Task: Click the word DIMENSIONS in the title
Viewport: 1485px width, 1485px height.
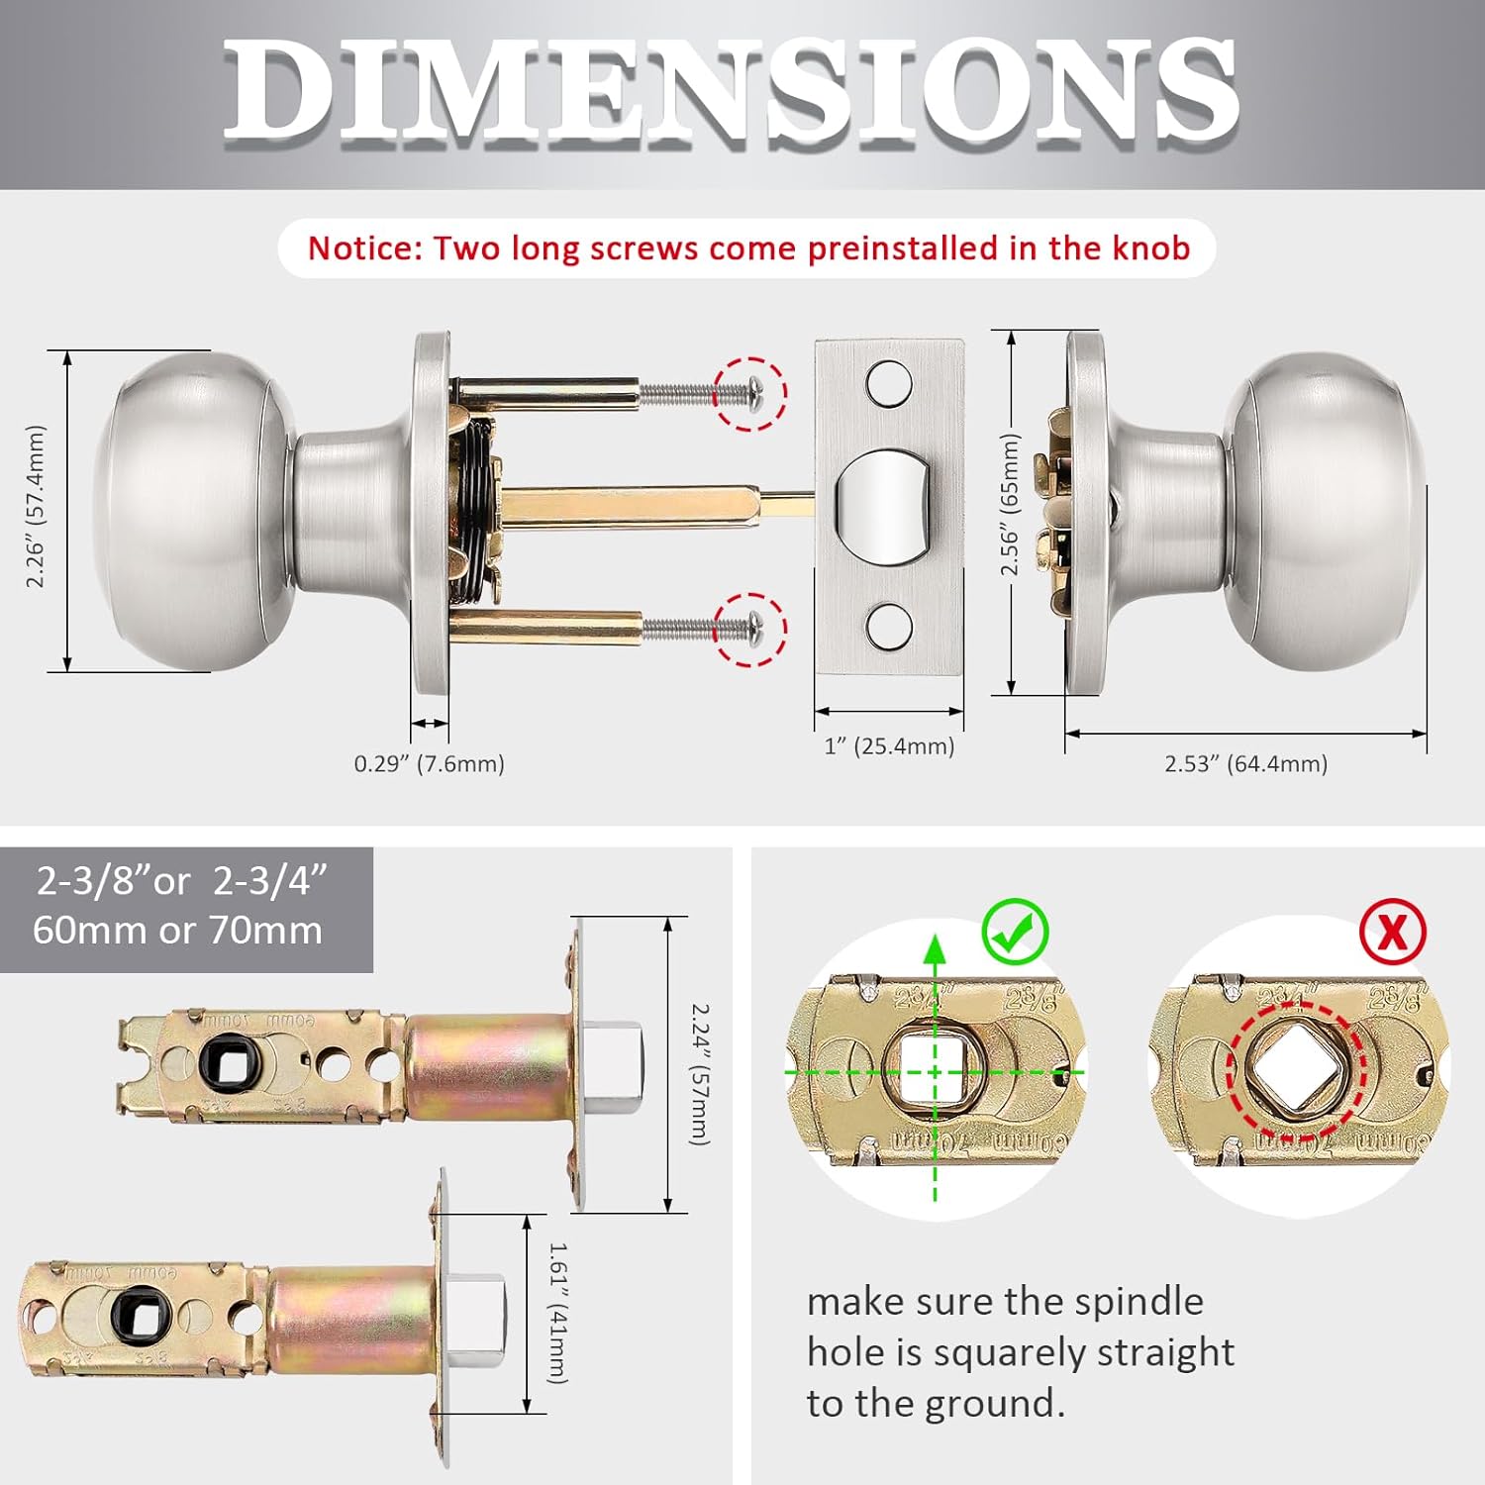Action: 731,91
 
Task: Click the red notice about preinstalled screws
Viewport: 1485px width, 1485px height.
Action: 747,247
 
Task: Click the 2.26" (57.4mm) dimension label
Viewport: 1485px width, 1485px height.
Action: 36,507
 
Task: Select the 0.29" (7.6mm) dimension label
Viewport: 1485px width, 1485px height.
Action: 429,763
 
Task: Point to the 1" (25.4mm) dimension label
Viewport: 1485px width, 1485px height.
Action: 889,745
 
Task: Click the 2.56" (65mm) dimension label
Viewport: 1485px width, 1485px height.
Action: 1009,504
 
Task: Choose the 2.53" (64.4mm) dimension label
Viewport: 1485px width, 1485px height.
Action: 1245,763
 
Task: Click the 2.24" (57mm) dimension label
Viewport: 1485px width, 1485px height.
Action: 700,1074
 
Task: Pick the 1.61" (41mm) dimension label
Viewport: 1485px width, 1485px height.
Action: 558,1313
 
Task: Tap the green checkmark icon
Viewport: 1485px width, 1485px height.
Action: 1015,932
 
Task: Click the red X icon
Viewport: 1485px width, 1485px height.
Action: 1392,932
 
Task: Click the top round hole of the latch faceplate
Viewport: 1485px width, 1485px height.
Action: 888,383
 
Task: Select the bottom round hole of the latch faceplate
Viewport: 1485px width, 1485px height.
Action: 888,626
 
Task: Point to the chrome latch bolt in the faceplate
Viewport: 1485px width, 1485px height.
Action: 883,506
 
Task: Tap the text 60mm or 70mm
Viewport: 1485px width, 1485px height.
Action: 177,931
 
